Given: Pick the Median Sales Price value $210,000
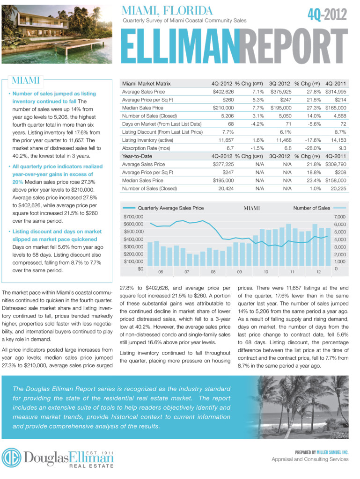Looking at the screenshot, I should pyautogui.click(x=223, y=108).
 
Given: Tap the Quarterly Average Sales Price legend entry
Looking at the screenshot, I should pyautogui.click(x=171, y=208).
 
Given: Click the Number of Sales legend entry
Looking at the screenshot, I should pyautogui.click(x=311, y=208).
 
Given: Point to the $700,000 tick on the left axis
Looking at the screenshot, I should pyautogui.click(x=133, y=217).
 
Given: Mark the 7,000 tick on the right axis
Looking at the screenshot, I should pyautogui.click(x=339, y=217).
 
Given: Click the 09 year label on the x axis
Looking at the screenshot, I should pyautogui.click(x=239, y=272).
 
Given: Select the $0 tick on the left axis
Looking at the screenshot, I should pyautogui.click(x=140, y=269).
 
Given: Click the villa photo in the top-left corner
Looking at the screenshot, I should pyautogui.click(x=56, y=33).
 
